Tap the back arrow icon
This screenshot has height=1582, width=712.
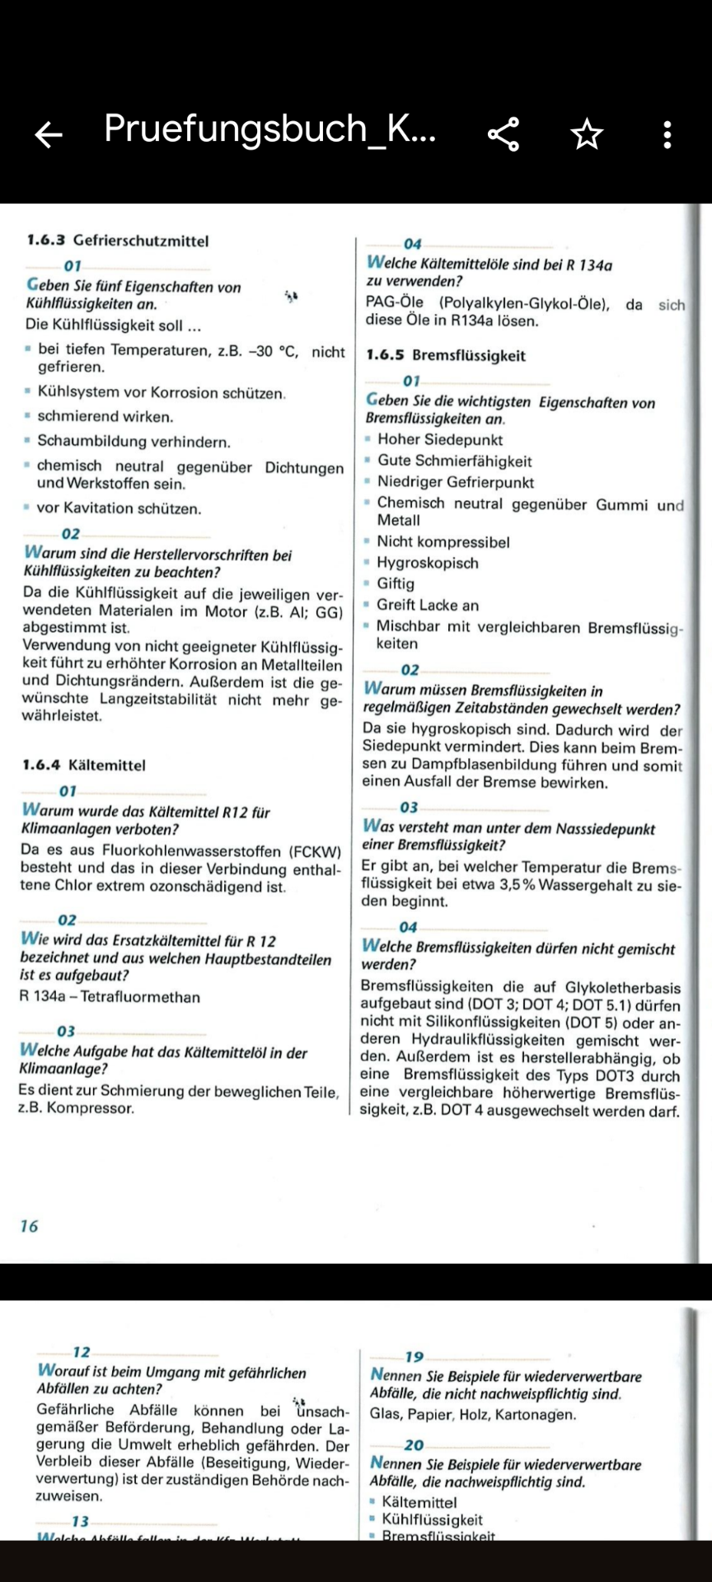49,134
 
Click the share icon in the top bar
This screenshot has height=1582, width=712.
503,134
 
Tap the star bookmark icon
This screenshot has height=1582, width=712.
587,134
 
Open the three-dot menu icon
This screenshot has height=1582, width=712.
667,134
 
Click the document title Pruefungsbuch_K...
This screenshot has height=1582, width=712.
269,129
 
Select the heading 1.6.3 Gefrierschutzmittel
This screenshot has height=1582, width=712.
118,241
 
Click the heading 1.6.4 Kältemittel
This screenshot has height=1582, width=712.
84,765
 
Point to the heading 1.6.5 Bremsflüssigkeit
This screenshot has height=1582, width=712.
446,355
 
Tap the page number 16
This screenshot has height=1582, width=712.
29,1226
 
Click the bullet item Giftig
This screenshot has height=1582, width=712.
396,583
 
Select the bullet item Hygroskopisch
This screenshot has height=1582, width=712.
427,563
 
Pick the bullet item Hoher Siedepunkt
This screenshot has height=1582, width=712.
439,440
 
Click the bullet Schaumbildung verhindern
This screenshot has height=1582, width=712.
133,442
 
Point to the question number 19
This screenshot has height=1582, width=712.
414,1357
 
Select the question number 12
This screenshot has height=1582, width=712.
82,1352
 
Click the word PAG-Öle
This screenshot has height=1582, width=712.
395,302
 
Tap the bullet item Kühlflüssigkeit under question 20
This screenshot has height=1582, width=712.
432,1519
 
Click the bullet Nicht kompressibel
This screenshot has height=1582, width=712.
443,542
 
